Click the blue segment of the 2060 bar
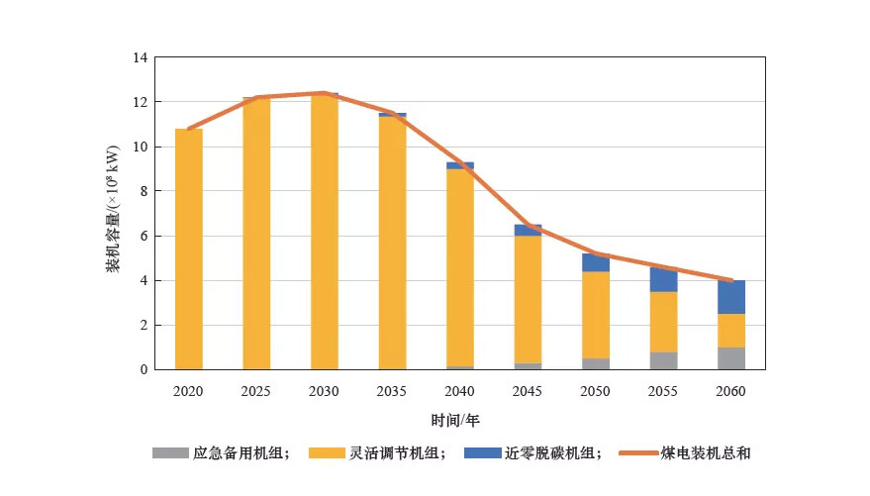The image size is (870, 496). tap(731, 297)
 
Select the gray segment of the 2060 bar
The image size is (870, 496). tap(731, 358)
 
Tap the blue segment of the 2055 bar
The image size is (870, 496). tap(663, 279)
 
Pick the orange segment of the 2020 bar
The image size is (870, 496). tap(189, 248)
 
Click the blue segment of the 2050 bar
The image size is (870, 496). tap(596, 262)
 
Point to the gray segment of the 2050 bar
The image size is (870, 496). tap(596, 363)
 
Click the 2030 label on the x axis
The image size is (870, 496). tap(324, 392)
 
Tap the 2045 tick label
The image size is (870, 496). tap(528, 392)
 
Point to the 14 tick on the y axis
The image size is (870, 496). tap(140, 58)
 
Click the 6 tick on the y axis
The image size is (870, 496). tap(144, 237)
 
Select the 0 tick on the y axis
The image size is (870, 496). tap(144, 370)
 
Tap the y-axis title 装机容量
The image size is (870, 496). tap(113, 213)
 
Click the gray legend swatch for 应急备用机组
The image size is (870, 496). tap(169, 453)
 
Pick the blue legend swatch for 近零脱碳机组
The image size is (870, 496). tap(483, 453)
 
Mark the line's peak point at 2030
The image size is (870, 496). tap(324, 93)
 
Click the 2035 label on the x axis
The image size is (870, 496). tap(392, 392)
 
